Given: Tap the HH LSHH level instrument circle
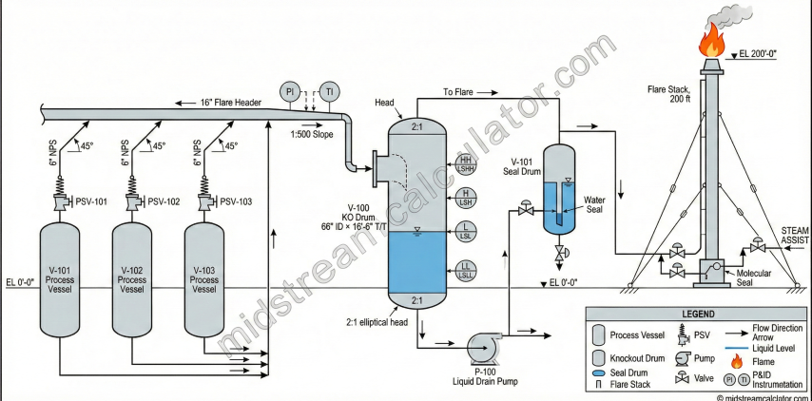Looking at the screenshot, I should [x=467, y=164].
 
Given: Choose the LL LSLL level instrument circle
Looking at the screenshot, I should [x=467, y=270].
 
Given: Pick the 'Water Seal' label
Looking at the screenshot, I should [x=594, y=205].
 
